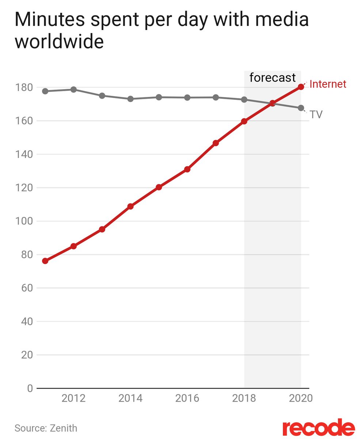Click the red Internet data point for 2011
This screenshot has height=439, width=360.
coord(45,261)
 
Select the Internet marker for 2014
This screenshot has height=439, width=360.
coord(130,206)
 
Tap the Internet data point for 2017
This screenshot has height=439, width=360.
coord(216,143)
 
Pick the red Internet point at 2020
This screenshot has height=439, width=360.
coord(301,87)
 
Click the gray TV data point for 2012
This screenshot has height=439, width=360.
coord(73,90)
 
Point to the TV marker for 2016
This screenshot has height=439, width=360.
coord(187,98)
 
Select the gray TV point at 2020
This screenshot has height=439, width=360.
coord(301,108)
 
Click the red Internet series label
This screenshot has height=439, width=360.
coord(327,84)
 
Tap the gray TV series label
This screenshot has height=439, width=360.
coord(316,115)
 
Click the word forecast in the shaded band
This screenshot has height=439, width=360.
coord(272,78)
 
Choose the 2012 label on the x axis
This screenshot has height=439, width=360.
coord(73,398)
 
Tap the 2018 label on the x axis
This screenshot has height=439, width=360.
coord(244,398)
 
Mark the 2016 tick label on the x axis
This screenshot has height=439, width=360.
coord(187,398)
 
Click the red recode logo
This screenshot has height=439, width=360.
coord(318,428)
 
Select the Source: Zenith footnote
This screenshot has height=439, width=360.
coord(46,428)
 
